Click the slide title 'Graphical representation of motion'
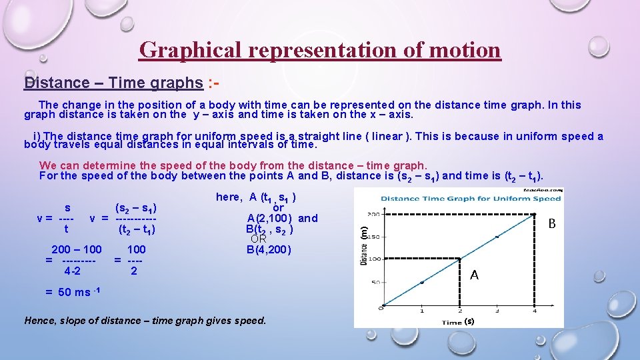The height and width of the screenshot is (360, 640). click(x=320, y=50)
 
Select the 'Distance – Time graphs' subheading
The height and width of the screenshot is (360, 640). click(x=113, y=83)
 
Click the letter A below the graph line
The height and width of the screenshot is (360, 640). click(x=474, y=275)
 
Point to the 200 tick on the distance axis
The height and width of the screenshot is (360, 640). click(x=375, y=215)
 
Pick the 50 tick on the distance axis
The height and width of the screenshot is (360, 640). click(x=376, y=283)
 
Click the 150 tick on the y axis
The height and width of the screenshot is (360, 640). click(x=375, y=237)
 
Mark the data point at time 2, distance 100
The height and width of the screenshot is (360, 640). click(x=460, y=259)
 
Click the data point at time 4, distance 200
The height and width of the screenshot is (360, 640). click(x=535, y=215)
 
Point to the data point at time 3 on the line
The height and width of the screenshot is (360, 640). click(x=497, y=237)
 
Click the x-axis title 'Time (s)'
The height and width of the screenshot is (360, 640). click(x=458, y=322)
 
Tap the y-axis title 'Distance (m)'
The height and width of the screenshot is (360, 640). click(x=364, y=247)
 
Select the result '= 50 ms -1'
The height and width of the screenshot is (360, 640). click(x=72, y=292)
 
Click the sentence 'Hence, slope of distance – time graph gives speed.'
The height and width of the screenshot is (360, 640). click(x=145, y=321)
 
